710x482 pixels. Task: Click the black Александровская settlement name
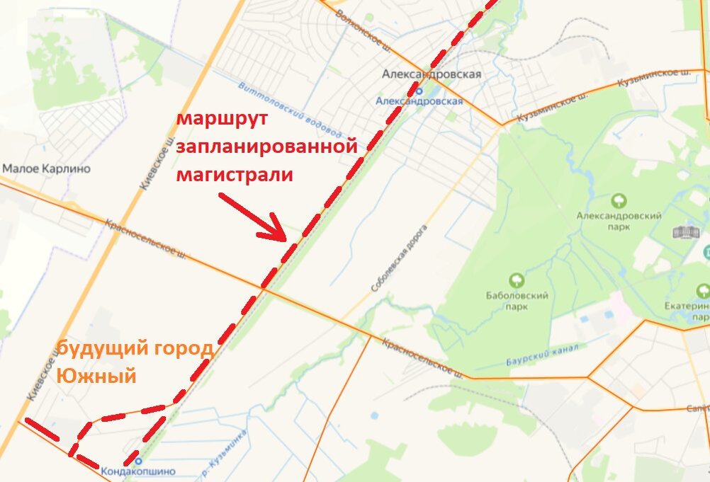coord(432,74)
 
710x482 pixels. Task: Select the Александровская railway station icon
coord(418,91)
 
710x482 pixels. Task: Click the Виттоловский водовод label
coord(291,110)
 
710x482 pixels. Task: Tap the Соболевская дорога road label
coord(400,260)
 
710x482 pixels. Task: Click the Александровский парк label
coord(619,221)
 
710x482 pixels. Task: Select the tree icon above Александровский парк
coord(619,202)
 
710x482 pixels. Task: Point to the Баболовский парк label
coord(517,302)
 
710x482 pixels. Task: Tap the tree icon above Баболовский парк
coord(517,282)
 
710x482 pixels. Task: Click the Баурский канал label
coord(543,355)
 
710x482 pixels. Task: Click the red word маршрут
coord(222,119)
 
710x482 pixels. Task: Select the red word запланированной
coord(266,147)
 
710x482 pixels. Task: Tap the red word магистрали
coord(235,174)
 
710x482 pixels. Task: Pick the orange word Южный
coord(96,376)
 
